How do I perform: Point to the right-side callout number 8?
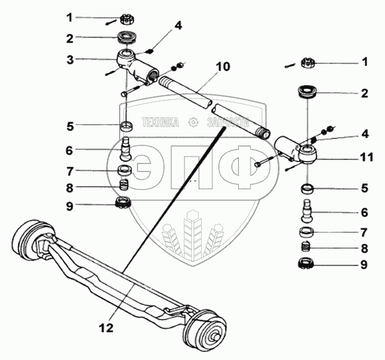point(364,249)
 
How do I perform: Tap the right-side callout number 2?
point(364,94)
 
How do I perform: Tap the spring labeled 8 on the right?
point(306,248)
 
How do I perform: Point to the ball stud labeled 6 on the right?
point(307,210)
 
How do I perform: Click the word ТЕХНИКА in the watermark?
point(160,123)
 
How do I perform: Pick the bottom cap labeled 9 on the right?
point(307,264)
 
